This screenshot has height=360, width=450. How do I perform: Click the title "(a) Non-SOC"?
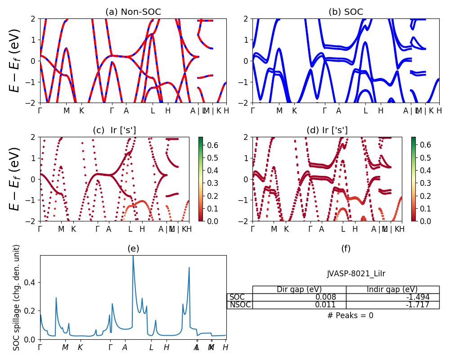pos(133,12)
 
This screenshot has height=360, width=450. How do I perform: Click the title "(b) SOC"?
pos(346,12)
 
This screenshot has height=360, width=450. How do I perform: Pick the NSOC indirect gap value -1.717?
pos(416,305)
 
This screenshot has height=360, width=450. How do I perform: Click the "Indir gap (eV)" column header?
pos(392,289)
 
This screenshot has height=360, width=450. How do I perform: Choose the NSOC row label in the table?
pos(240,305)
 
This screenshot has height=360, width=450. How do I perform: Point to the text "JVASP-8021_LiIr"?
pos(355,274)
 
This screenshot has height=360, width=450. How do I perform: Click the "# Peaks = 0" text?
pos(350,315)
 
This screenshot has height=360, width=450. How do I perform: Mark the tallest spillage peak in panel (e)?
pos(133,256)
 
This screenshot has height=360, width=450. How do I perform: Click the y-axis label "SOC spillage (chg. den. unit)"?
pos(17,297)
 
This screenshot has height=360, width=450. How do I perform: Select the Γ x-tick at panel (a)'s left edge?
pos(40,110)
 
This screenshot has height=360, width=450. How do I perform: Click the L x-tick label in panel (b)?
pos(365,110)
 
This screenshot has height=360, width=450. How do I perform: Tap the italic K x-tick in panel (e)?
pos(80,347)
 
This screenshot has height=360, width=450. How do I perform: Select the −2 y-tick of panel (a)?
pos(32,103)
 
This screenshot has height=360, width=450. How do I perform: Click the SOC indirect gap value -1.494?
pos(416,297)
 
